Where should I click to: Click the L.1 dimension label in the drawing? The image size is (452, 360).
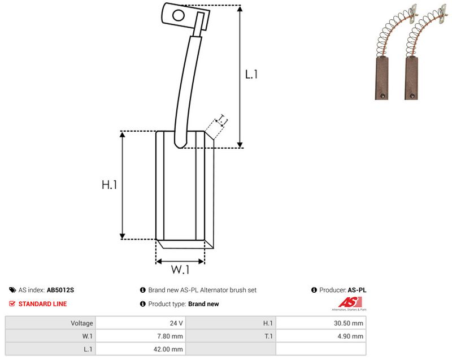[251, 75]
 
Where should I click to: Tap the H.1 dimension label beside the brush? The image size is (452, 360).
[110, 184]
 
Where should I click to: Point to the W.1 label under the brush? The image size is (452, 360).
[180, 270]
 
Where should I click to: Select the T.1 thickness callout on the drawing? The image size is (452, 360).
[222, 120]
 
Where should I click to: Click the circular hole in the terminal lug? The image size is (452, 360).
[179, 15]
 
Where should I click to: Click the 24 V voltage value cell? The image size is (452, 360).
[176, 323]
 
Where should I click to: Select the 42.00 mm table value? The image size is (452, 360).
[168, 349]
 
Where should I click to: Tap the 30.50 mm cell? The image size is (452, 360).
[349, 323]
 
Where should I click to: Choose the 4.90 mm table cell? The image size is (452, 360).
[350, 336]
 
